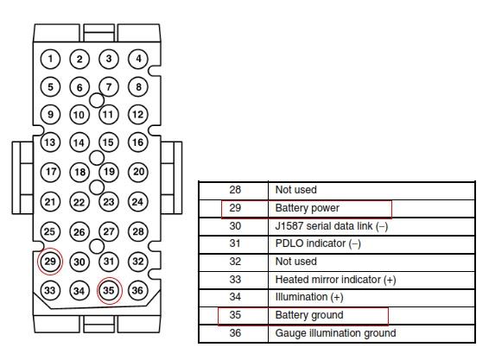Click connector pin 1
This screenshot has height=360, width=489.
[x=50, y=59]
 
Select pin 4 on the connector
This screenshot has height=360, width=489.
[x=138, y=59]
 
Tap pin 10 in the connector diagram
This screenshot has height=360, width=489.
[x=79, y=115]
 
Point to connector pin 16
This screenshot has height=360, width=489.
[x=138, y=142]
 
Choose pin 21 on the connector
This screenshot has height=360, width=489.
[x=50, y=202]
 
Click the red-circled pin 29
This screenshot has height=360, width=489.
[x=50, y=262]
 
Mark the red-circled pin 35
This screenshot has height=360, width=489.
[x=109, y=290]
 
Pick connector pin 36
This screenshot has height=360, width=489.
[x=138, y=290]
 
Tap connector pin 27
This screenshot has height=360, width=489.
[x=109, y=231]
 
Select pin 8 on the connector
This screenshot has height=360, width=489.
[x=138, y=86]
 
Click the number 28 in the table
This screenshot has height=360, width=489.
[x=235, y=190]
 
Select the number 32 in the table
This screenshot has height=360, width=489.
[x=235, y=262]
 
